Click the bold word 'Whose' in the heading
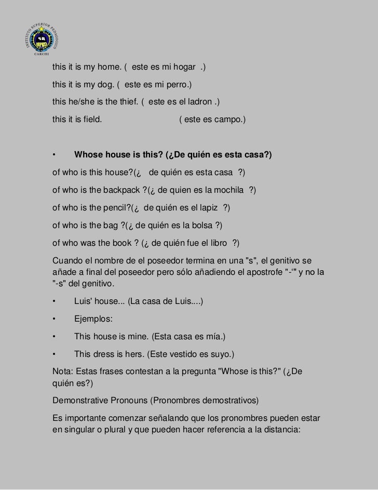(x=88, y=155)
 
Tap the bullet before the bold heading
(x=53, y=155)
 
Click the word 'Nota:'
(x=63, y=372)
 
